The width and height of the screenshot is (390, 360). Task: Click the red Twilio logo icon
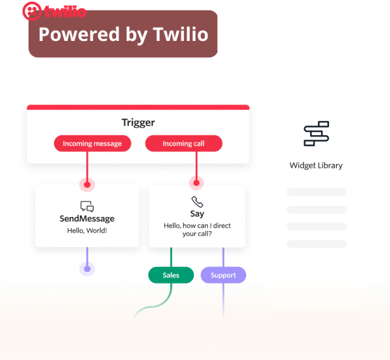coord(31,11)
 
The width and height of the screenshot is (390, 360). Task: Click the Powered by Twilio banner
coord(123,34)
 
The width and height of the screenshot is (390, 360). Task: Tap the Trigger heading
coord(138,122)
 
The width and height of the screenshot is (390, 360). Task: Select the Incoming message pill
coord(92,144)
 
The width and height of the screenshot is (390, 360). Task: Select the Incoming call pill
coord(183,144)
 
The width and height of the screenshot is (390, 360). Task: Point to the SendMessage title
coord(87,219)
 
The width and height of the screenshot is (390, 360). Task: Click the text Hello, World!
coord(87,231)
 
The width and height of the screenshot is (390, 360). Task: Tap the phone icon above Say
coord(197,202)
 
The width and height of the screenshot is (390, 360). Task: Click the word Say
coord(197,214)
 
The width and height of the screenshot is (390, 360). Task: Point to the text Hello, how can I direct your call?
coord(197,230)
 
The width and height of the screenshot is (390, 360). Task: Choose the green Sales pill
coord(171,276)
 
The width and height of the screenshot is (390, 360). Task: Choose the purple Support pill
coord(223,276)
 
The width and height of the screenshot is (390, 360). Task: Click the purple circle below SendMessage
coord(86,268)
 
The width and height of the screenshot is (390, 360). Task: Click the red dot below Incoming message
coord(86,183)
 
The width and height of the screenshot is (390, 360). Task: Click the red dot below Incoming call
coord(196,183)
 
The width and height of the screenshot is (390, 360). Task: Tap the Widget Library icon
coord(317,133)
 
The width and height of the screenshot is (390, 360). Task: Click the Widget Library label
coord(316,166)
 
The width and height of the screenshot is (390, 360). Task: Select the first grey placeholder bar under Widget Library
coord(317,192)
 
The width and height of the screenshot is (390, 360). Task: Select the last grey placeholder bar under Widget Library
coord(317,244)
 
